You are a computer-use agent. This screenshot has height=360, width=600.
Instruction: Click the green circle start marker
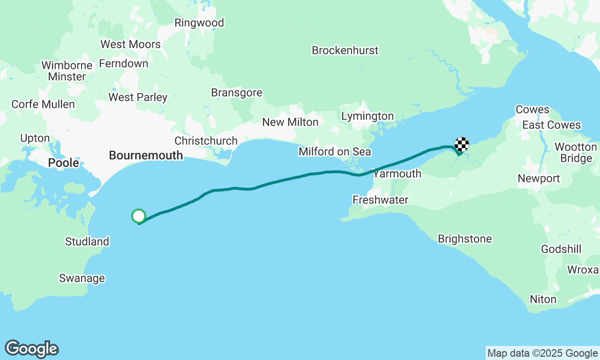139,216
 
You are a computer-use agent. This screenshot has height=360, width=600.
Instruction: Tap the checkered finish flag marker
462,144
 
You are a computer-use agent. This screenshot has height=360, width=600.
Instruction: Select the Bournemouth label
146,155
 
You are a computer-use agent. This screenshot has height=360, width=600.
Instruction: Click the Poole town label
64,163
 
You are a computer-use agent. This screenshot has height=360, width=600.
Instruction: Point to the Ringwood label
199,23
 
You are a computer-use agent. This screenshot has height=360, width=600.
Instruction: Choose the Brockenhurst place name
345,50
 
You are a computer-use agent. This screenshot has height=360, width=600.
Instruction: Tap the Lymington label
367,116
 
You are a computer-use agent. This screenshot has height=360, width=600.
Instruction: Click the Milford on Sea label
335,151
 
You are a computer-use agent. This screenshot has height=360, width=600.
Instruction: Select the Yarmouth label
397,174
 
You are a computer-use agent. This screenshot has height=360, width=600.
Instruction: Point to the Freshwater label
380,200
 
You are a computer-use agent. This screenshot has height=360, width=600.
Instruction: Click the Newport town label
539,179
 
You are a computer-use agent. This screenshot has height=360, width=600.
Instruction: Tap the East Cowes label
552,125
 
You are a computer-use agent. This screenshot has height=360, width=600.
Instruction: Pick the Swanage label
82,278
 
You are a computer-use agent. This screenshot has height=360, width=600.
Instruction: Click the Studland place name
87,242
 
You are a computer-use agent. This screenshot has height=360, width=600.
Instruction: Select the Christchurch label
206,141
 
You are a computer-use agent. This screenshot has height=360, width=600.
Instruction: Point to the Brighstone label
465,239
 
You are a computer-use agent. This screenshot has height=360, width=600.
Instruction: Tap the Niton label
543,299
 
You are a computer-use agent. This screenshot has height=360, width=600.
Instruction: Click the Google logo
32,349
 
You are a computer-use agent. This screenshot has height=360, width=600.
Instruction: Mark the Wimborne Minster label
67,71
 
